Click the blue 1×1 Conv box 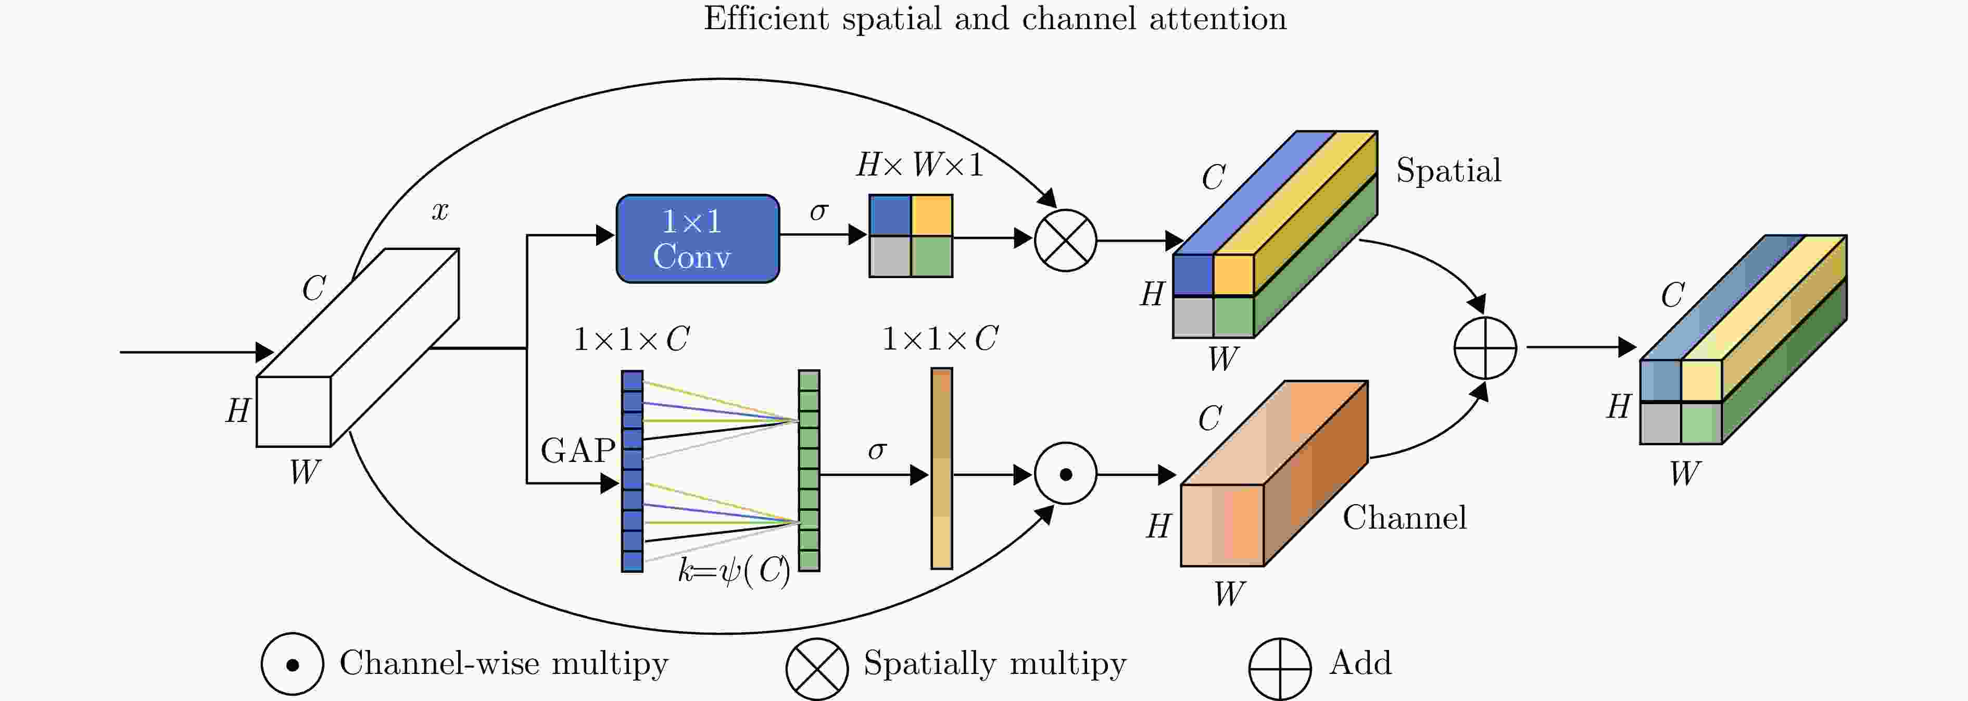coord(698,239)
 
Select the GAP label coord(577,450)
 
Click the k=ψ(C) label coord(734,570)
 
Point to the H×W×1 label coord(919,165)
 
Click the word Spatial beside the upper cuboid coord(1448,170)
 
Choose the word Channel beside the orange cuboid coord(1404,518)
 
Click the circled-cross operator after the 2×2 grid coord(1065,240)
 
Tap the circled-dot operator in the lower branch coord(1065,474)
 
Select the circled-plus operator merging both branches coord(1484,348)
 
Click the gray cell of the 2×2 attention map coord(890,256)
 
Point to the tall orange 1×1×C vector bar coord(941,469)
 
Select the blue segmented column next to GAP coord(632,471)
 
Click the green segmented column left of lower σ coord(809,470)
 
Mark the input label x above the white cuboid coord(440,210)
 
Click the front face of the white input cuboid coord(293,411)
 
